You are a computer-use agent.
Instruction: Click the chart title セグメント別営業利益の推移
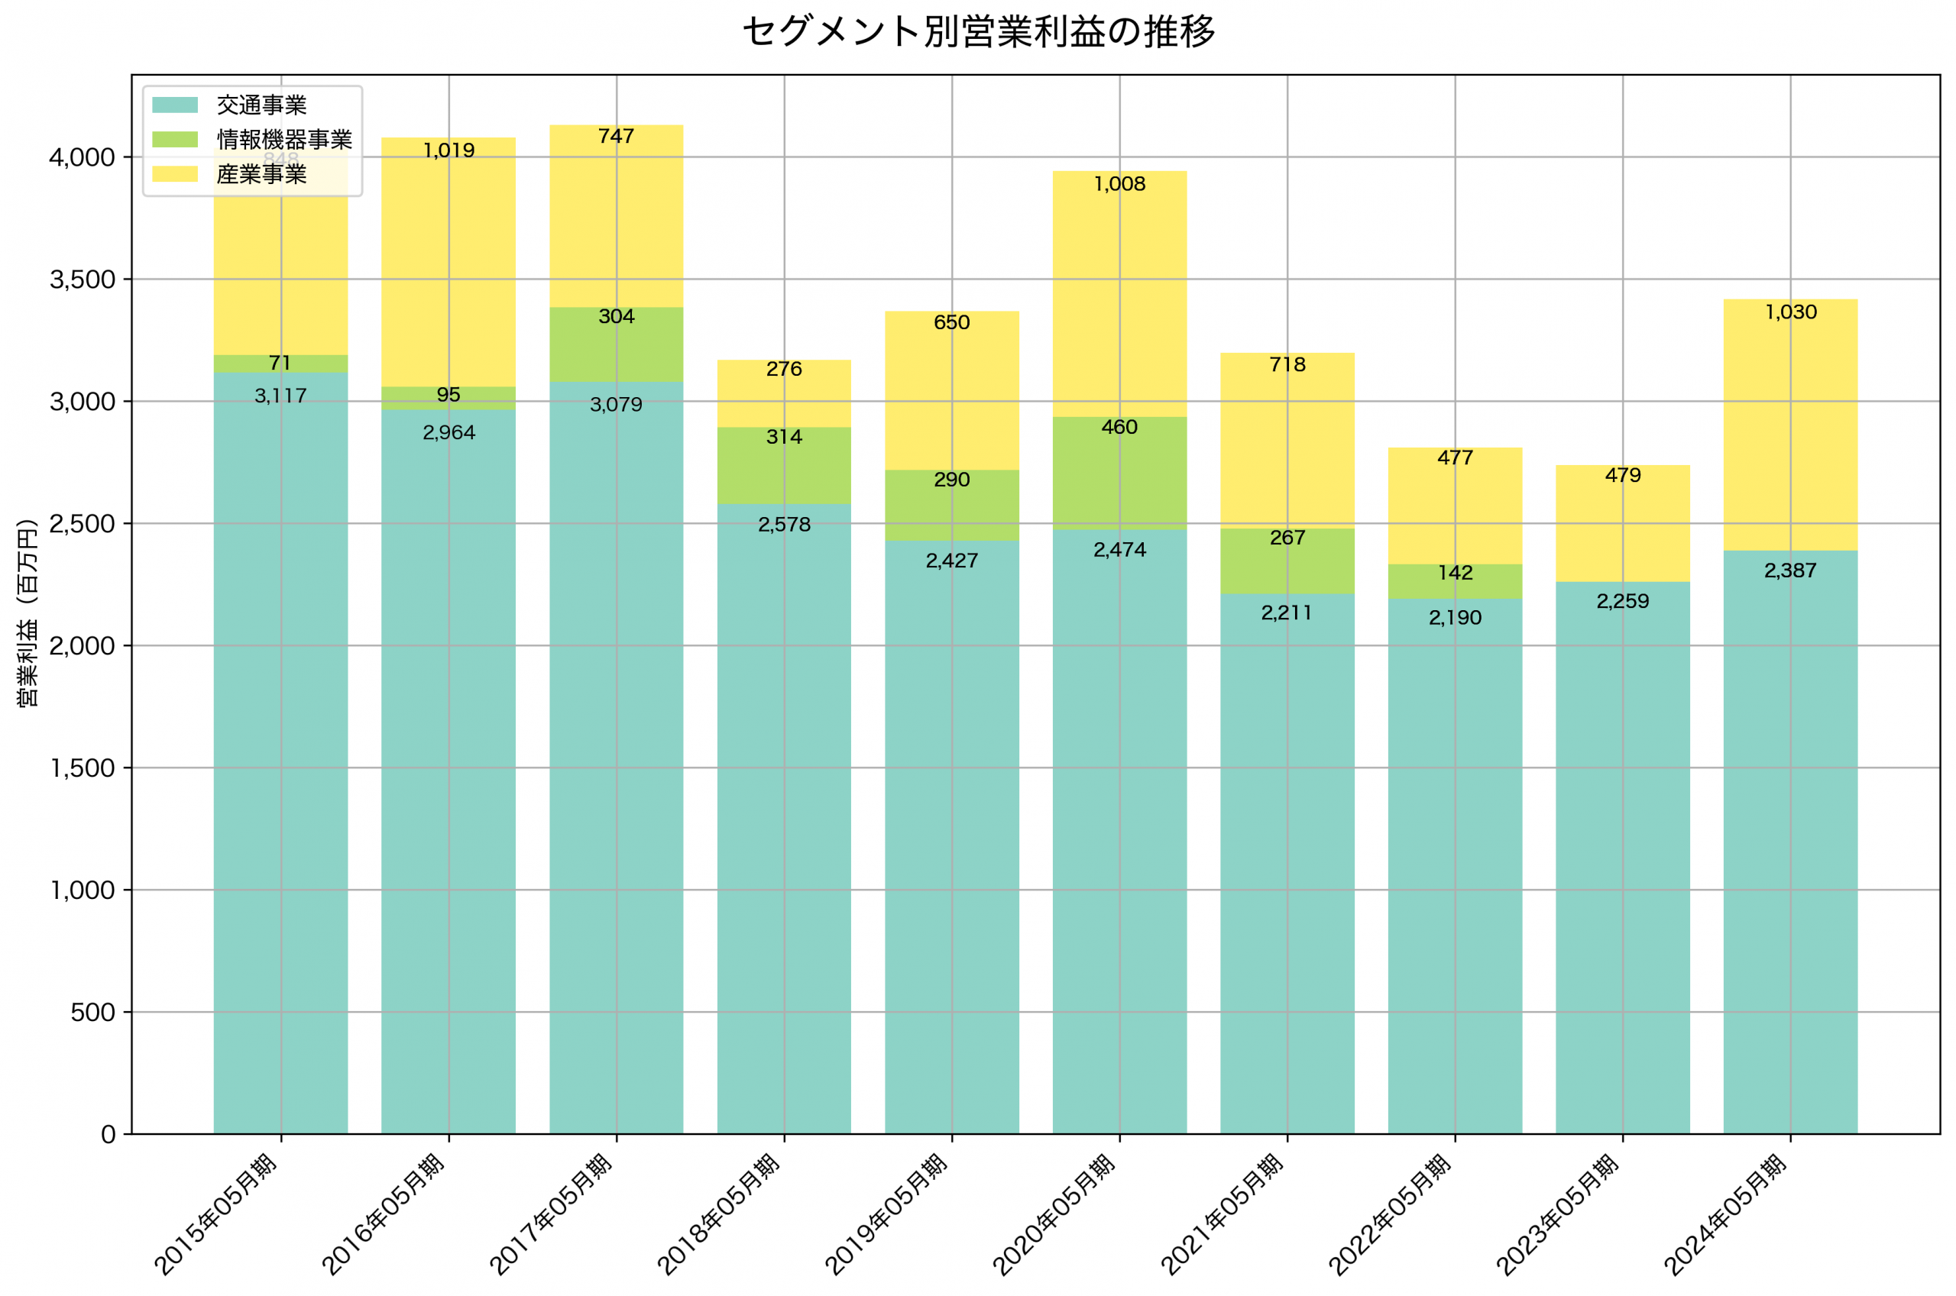(978, 32)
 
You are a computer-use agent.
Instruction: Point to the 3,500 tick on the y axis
(82, 280)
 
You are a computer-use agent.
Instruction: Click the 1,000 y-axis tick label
(82, 890)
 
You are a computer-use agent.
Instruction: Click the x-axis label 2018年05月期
(719, 1215)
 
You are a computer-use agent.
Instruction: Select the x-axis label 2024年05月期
(1725, 1215)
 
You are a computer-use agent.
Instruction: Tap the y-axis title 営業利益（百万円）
(28, 612)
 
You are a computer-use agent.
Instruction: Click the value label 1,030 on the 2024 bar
(1791, 312)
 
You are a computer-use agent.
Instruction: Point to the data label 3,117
(280, 396)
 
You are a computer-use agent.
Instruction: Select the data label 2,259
(1622, 602)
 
